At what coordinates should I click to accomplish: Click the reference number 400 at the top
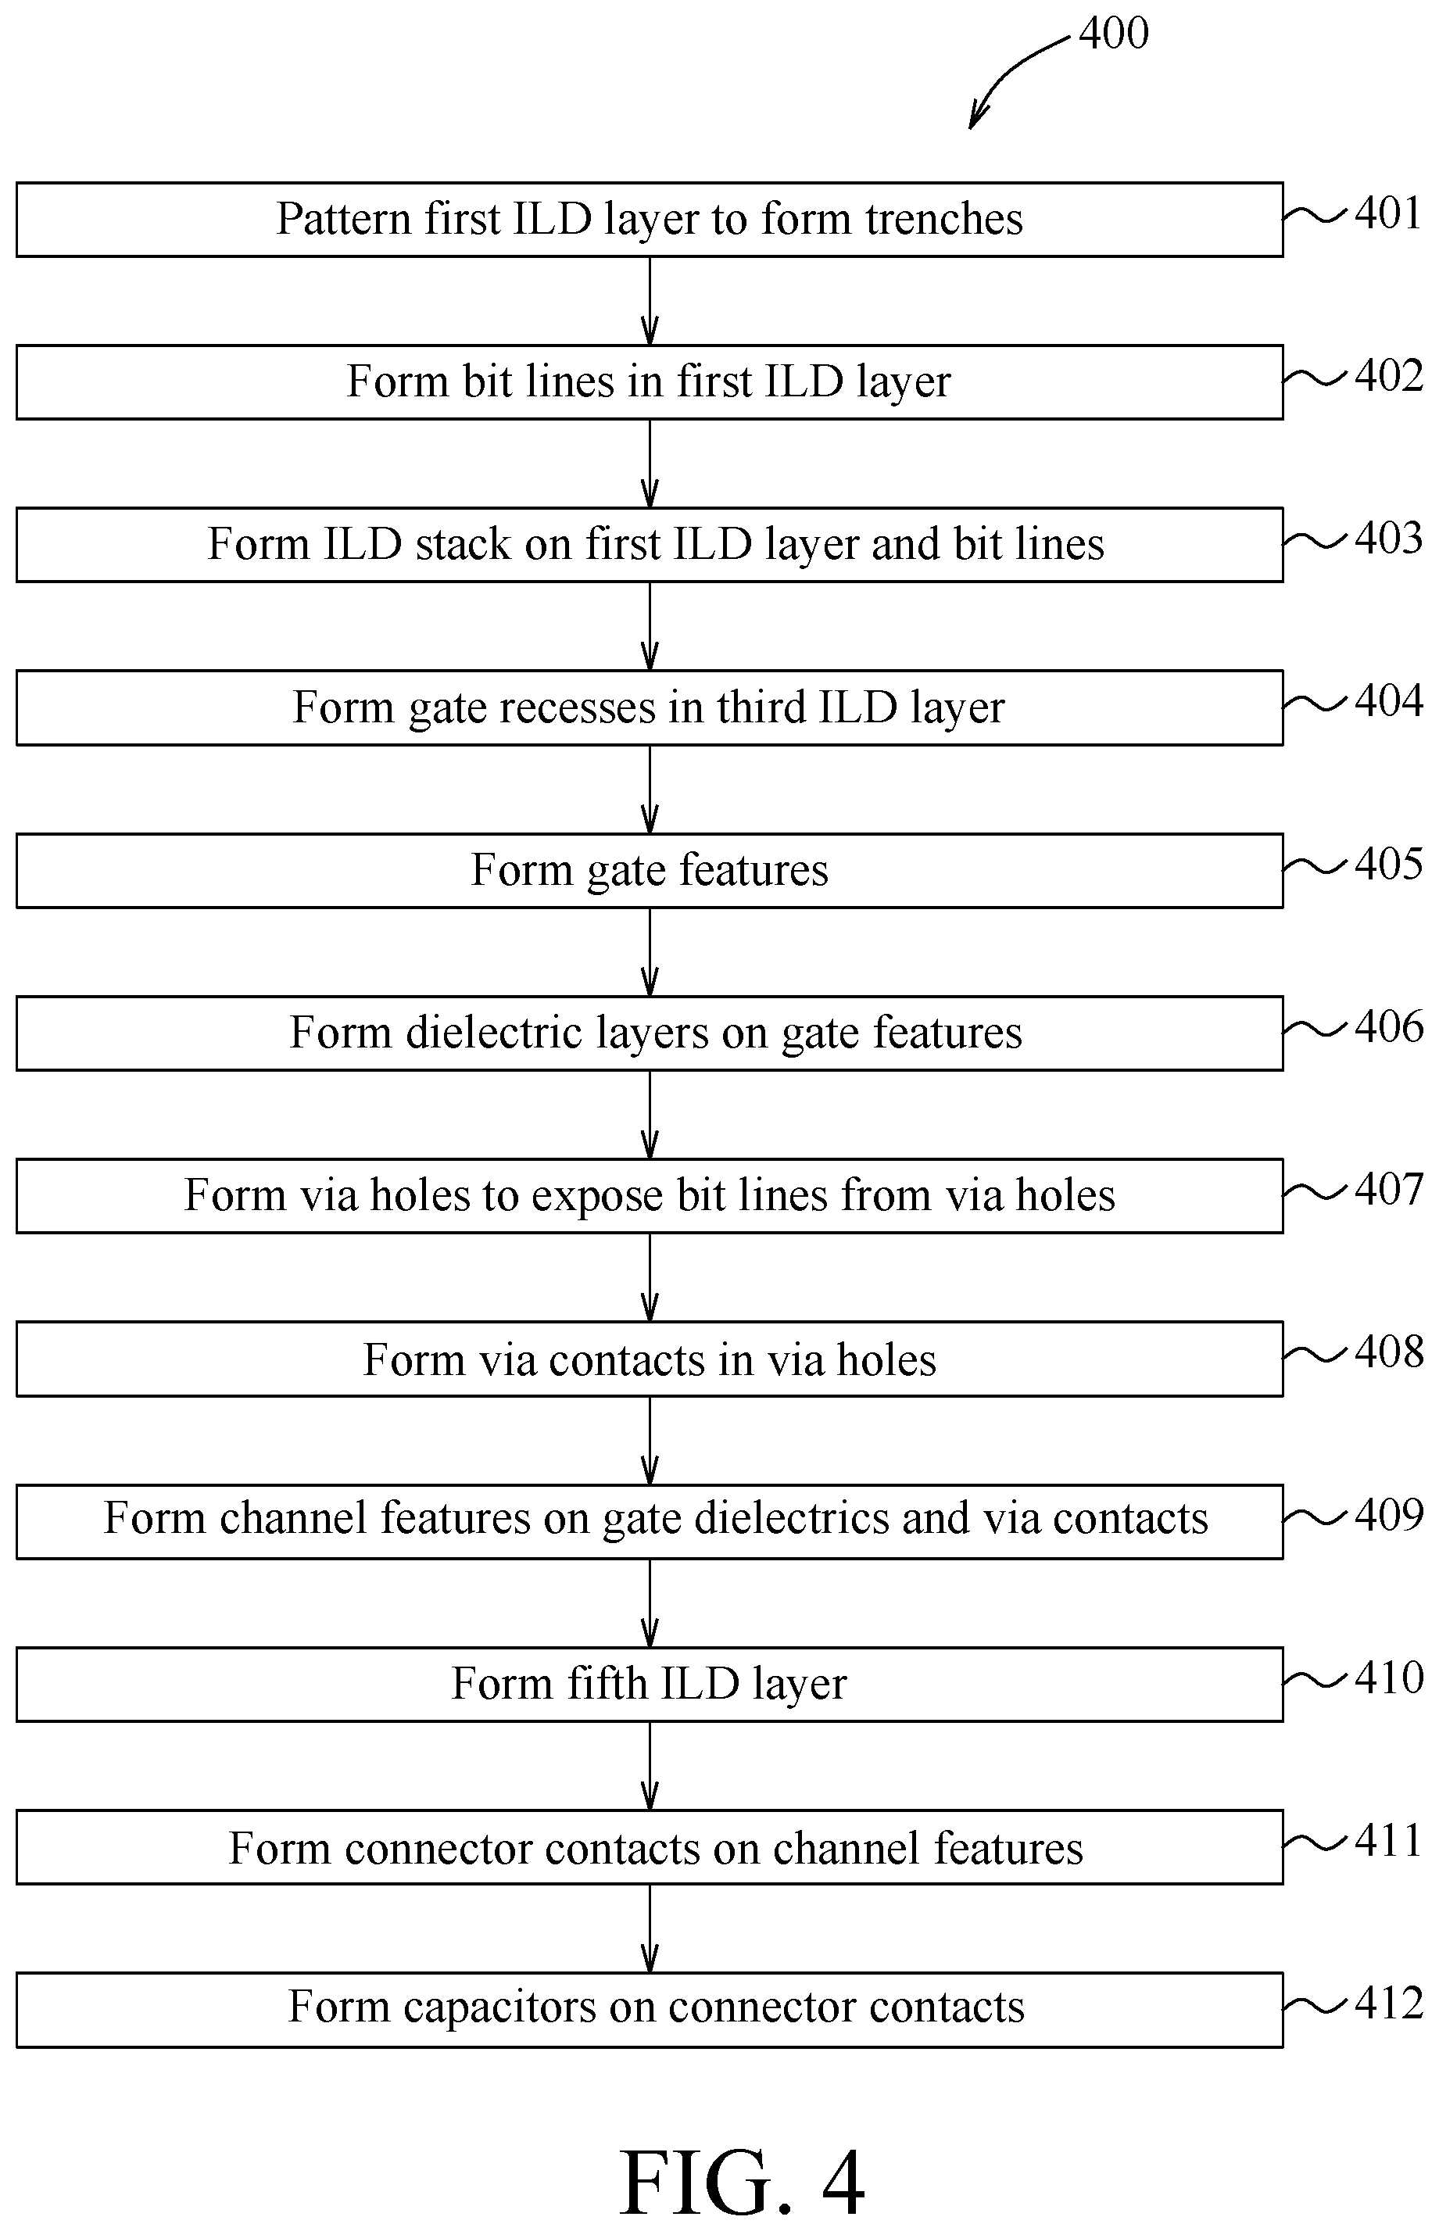pos(1113,34)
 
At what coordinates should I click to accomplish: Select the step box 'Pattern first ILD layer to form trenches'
pos(650,220)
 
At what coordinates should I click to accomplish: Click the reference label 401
pos(1388,213)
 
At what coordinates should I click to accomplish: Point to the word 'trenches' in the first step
pos(943,220)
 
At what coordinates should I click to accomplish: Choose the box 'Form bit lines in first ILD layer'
pos(650,382)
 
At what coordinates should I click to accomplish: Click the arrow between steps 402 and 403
pos(650,464)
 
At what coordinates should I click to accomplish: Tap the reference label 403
pos(1388,538)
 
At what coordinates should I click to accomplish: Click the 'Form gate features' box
pos(650,871)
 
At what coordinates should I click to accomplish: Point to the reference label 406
pos(1388,1026)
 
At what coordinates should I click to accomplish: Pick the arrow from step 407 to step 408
pos(650,1277)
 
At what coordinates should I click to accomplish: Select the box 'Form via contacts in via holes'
pos(650,1359)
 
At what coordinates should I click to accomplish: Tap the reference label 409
pos(1388,1516)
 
